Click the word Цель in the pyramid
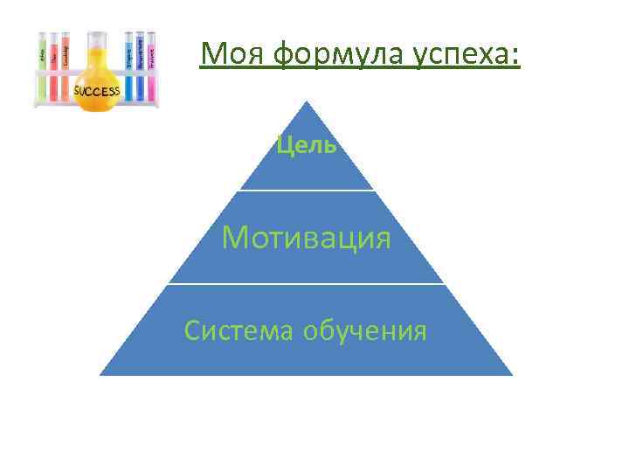tap(307, 145)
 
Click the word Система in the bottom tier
tap(239, 331)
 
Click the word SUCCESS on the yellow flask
tap(97, 91)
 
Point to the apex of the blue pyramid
tap(307, 103)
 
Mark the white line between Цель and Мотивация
tap(307, 190)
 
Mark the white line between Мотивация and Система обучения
tap(307, 283)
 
